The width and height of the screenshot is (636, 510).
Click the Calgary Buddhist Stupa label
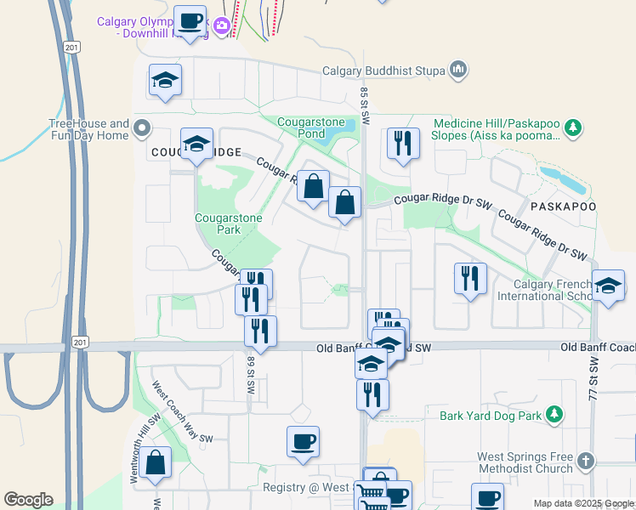tap(383, 71)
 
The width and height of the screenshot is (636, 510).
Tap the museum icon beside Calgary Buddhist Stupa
tap(458, 69)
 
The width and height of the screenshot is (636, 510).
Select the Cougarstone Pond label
tap(311, 128)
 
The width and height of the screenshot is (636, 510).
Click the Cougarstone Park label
tap(229, 224)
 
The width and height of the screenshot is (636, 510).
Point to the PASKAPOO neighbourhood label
tap(560, 207)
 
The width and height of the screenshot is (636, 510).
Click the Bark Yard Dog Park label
tap(491, 416)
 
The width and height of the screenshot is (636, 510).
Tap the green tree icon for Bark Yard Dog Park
tap(554, 415)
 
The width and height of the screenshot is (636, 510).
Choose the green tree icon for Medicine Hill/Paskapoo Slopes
tap(573, 128)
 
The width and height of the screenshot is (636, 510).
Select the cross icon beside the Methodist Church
tap(584, 462)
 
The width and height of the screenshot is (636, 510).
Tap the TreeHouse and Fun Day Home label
tap(88, 129)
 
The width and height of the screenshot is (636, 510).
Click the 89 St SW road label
tap(252, 374)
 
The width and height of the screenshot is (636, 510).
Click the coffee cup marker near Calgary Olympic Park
tap(190, 21)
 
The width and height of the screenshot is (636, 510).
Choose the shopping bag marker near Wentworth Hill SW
tap(156, 463)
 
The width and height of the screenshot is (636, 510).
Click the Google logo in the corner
tap(28, 500)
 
